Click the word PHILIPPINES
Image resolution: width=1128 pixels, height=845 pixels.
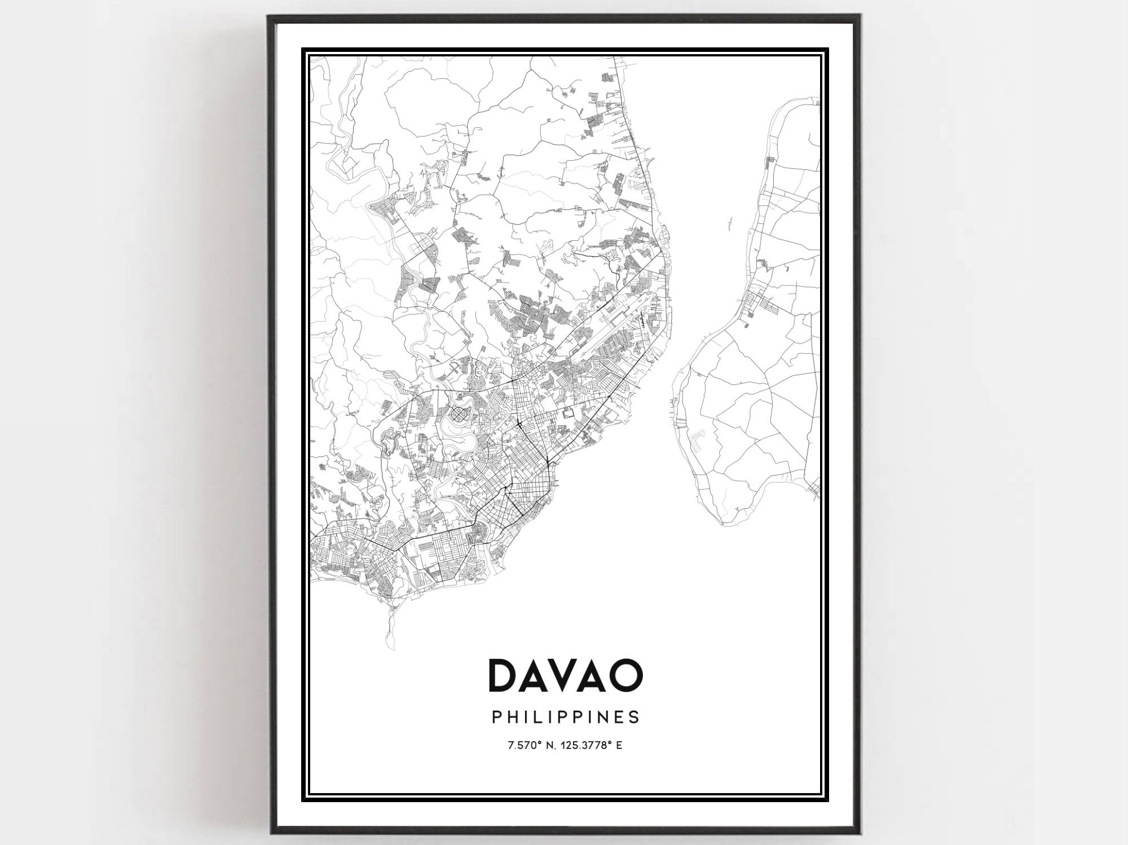[x=566, y=717]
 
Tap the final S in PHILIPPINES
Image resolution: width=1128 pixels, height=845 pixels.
[x=636, y=717]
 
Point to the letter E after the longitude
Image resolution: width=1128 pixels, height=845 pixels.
[x=619, y=746]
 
